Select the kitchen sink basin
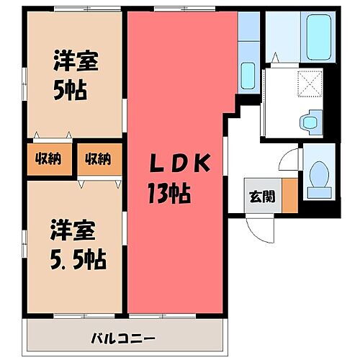(x=248, y=74)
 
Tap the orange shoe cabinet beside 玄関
(x=289, y=194)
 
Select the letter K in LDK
(x=202, y=165)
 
